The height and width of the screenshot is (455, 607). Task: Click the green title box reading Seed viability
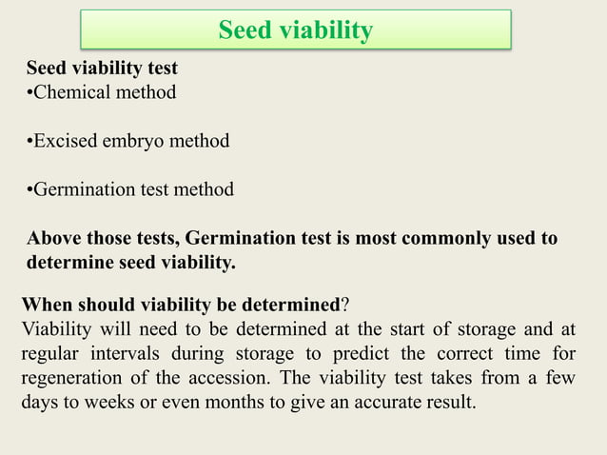[x=295, y=30]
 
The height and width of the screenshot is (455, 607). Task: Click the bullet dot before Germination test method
[x=29, y=189]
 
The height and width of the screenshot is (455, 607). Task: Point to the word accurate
[x=375, y=403]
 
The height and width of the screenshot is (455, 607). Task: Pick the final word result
[x=448, y=403]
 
